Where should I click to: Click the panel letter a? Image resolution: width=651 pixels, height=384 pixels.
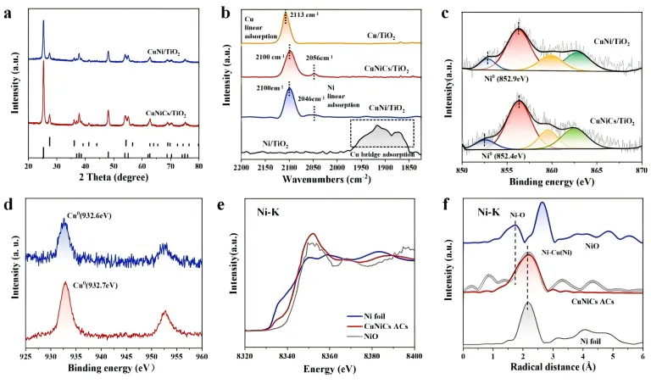(x=9, y=11)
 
